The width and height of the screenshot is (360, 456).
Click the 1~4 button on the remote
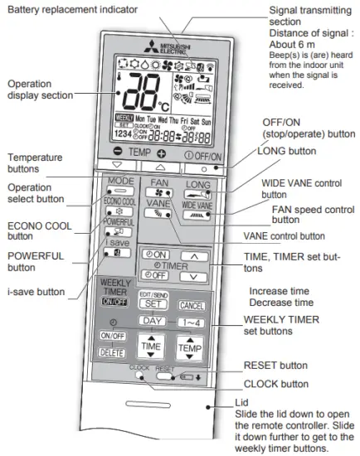190,320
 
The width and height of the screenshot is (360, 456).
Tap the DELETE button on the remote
112,351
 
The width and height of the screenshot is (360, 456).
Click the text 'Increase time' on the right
280,291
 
